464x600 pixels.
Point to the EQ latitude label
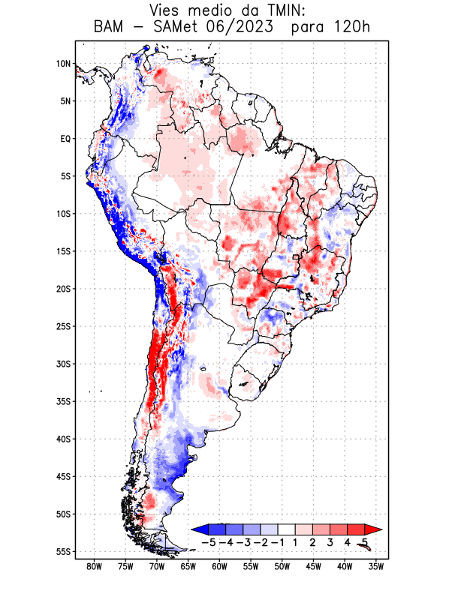tap(65, 139)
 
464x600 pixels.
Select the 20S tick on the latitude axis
tap(63, 289)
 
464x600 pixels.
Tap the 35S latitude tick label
tap(63, 401)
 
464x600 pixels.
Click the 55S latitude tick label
tap(63, 551)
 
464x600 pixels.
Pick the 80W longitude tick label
tap(94, 566)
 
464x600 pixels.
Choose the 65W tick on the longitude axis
tap(188, 566)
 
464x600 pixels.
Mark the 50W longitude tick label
tap(282, 566)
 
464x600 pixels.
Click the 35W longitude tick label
tap(376, 566)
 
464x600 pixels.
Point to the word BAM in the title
tap(110, 28)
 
